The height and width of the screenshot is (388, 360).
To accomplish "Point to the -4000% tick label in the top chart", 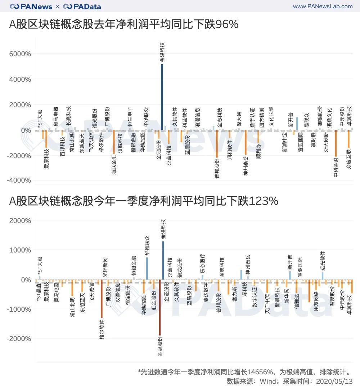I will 21,180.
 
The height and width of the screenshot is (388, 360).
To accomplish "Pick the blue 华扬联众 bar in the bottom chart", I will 147,268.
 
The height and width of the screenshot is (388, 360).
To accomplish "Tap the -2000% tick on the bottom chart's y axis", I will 21,339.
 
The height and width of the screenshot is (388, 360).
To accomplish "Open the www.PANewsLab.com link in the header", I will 323,6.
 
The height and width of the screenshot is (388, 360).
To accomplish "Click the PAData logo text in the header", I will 82,6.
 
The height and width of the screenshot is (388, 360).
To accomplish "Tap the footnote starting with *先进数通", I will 245,371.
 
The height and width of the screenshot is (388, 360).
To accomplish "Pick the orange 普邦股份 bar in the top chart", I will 217,144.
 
